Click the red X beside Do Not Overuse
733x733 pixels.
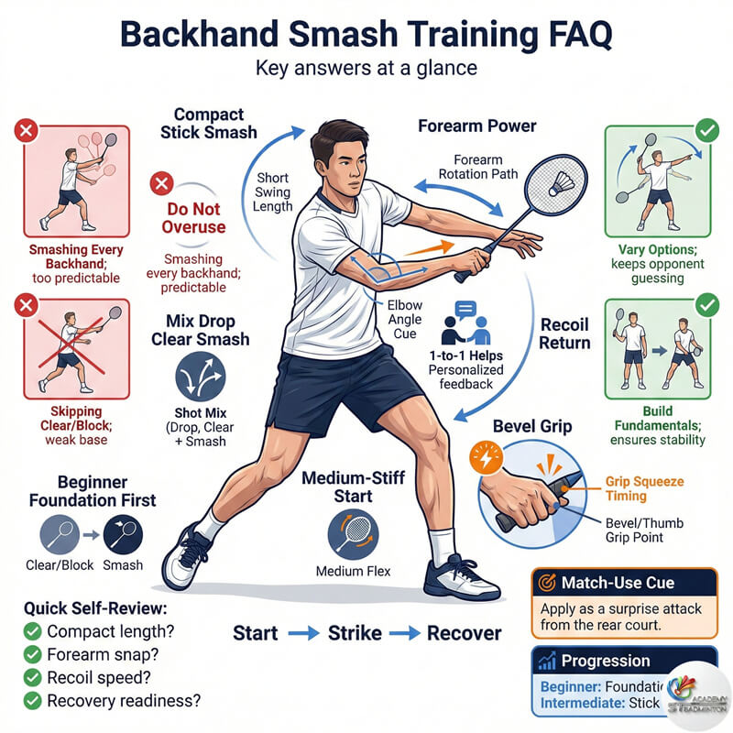pyautogui.click(x=162, y=184)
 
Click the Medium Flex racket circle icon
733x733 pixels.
pyautogui.click(x=353, y=534)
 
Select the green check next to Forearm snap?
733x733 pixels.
pyautogui.click(x=32, y=654)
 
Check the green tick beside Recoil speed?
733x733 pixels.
pyautogui.click(x=32, y=678)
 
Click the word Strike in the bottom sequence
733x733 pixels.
pyautogui.click(x=354, y=633)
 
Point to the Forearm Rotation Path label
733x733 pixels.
pyautogui.click(x=478, y=167)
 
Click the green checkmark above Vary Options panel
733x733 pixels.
pyautogui.click(x=706, y=130)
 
